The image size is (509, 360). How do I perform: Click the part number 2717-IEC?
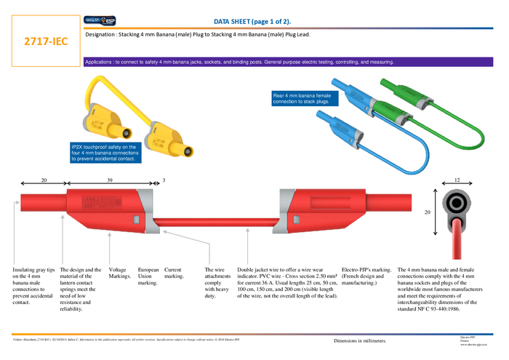click(46, 41)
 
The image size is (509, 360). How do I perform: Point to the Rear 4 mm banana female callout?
click(302, 99)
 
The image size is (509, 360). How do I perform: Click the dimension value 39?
click(109, 180)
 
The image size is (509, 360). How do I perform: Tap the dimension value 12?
click(457, 180)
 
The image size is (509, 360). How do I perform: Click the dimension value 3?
click(164, 180)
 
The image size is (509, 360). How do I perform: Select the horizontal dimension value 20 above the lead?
click(44, 180)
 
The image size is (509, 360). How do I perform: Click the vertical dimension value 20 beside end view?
click(428, 212)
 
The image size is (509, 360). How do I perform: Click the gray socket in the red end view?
click(457, 202)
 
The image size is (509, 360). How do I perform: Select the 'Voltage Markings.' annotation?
click(119, 273)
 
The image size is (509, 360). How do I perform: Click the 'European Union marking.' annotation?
click(148, 276)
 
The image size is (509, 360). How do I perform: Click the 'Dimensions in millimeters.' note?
click(360, 340)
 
